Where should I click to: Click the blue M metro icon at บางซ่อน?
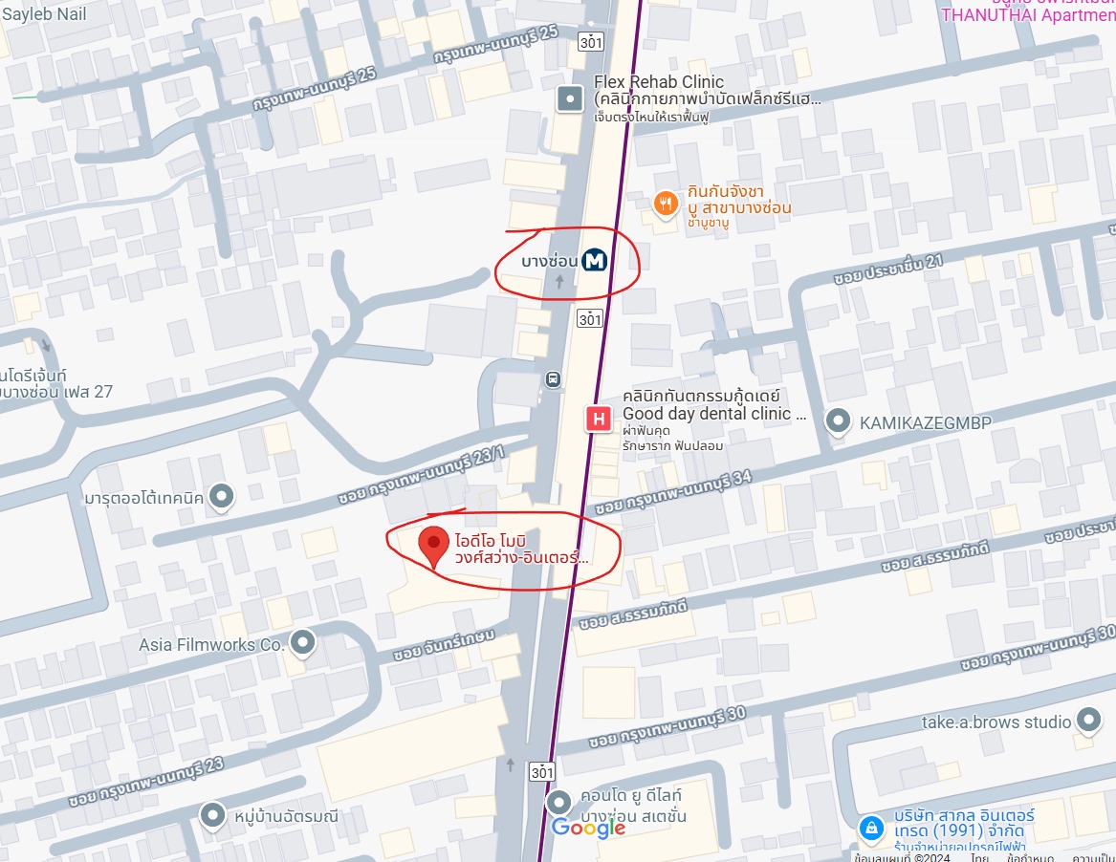pyautogui.click(x=595, y=260)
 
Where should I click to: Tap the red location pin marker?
pyautogui.click(x=434, y=547)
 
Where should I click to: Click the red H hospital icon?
pyautogui.click(x=599, y=419)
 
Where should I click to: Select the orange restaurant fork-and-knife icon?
pyautogui.click(x=666, y=203)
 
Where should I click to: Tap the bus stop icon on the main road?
pyautogui.click(x=553, y=379)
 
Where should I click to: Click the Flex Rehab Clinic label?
pyautogui.click(x=659, y=82)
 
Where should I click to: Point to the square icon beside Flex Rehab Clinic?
pyautogui.click(x=570, y=97)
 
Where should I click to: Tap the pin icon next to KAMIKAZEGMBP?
pyautogui.click(x=839, y=420)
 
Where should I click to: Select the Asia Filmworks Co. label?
pyautogui.click(x=211, y=644)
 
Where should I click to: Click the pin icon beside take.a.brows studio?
pyautogui.click(x=1088, y=720)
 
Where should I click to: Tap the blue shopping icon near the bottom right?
pyautogui.click(x=870, y=829)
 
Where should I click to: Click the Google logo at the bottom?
pyautogui.click(x=588, y=828)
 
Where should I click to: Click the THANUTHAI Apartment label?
pyautogui.click(x=1028, y=14)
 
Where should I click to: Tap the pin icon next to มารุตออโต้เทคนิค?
pyautogui.click(x=222, y=496)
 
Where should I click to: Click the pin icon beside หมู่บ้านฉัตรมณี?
pyautogui.click(x=212, y=816)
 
